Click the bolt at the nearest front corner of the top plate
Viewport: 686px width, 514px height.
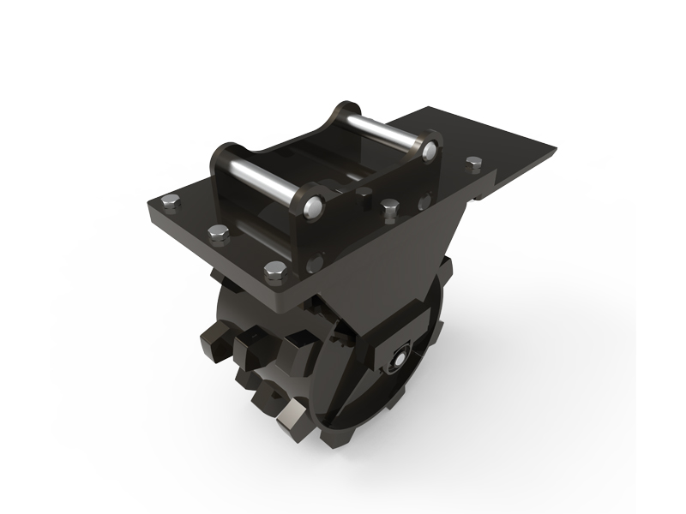pos(274,272)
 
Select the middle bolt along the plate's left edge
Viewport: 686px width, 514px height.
pos(216,232)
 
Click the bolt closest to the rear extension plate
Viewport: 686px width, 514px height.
pos(472,162)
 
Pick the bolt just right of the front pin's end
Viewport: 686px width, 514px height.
pos(390,207)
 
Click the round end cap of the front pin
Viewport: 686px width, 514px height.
pos(313,206)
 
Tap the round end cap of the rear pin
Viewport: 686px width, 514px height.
pos(429,150)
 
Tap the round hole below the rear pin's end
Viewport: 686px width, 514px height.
pos(424,203)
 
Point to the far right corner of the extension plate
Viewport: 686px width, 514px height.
pos(556,152)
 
